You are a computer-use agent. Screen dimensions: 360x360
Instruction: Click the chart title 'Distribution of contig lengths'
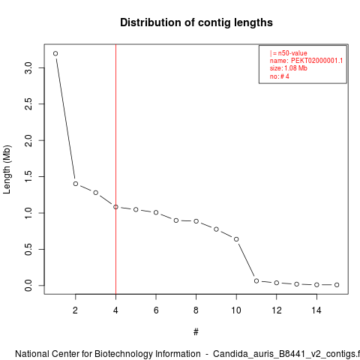click(x=196, y=22)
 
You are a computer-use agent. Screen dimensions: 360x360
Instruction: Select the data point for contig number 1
click(x=55, y=53)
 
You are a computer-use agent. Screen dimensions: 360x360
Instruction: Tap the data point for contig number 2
click(x=76, y=184)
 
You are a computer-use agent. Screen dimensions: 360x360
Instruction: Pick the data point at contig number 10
click(x=236, y=239)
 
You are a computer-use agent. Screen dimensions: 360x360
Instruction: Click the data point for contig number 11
click(x=256, y=281)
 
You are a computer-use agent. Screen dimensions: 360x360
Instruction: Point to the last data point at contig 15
click(x=337, y=285)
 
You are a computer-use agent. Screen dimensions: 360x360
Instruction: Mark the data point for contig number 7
click(x=176, y=220)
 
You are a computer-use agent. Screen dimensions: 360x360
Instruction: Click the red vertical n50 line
click(x=115, y=169)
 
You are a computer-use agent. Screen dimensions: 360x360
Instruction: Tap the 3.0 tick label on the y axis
click(x=28, y=67)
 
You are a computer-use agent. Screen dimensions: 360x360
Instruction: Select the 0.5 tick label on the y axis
click(x=28, y=249)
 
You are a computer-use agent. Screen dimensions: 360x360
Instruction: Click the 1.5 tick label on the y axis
click(x=28, y=176)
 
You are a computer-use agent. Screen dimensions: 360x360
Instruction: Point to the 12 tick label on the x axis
click(x=277, y=310)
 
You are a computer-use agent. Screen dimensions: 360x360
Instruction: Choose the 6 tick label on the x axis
click(x=156, y=310)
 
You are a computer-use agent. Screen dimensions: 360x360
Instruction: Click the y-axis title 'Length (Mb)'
click(x=7, y=169)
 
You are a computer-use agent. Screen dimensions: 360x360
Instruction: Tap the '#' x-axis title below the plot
click(x=196, y=332)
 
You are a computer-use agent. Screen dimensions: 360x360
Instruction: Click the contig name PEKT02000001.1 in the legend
click(x=316, y=61)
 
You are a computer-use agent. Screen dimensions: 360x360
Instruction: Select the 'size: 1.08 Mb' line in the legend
click(x=288, y=68)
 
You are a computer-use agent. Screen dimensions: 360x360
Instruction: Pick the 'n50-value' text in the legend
click(x=292, y=53)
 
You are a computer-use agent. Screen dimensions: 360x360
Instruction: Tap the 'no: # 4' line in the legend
click(x=280, y=76)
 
